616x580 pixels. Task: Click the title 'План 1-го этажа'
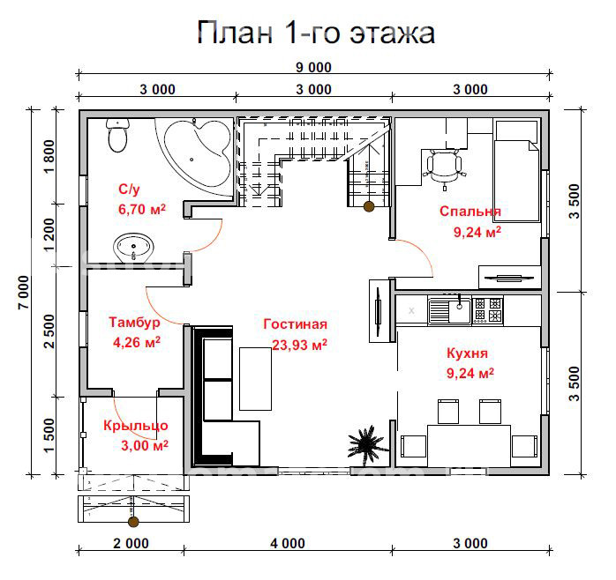pyautogui.click(x=316, y=33)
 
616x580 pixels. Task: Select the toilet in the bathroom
pyautogui.click(x=117, y=136)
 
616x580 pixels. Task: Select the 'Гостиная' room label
pyautogui.click(x=295, y=324)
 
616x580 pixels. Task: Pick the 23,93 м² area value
pyautogui.click(x=299, y=345)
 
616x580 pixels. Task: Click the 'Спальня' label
pyautogui.click(x=470, y=212)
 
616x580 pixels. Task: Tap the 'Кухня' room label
pyautogui.click(x=469, y=353)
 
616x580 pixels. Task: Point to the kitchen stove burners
pyautogui.click(x=487, y=309)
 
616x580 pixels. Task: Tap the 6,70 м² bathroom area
pyautogui.click(x=142, y=210)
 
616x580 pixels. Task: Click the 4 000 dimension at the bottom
pyautogui.click(x=289, y=543)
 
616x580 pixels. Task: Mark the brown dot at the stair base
pyautogui.click(x=368, y=206)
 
